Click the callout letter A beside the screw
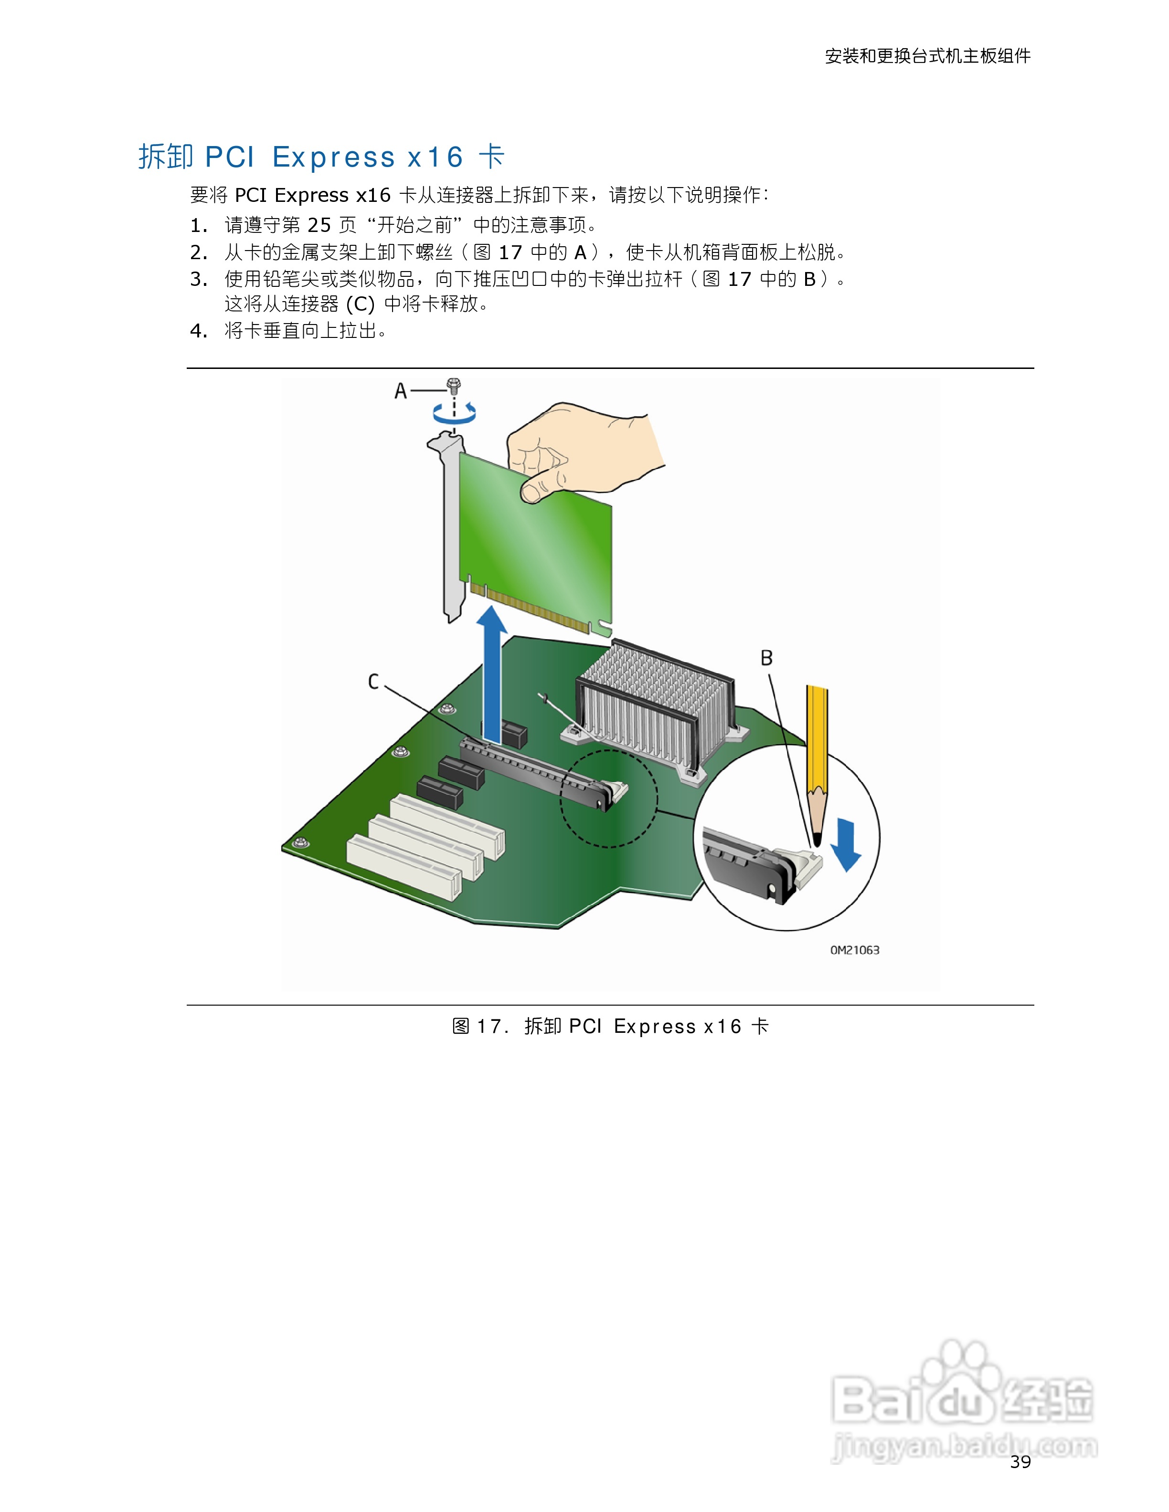[x=400, y=391]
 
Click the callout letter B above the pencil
[x=766, y=658]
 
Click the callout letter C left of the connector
[x=373, y=682]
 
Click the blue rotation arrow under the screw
[x=454, y=413]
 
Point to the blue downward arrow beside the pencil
[x=846, y=845]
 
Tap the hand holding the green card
[x=582, y=450]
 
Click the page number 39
[x=1020, y=1461]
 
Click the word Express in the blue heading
[x=333, y=157]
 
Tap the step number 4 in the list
[x=198, y=331]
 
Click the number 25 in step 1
[x=319, y=225]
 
